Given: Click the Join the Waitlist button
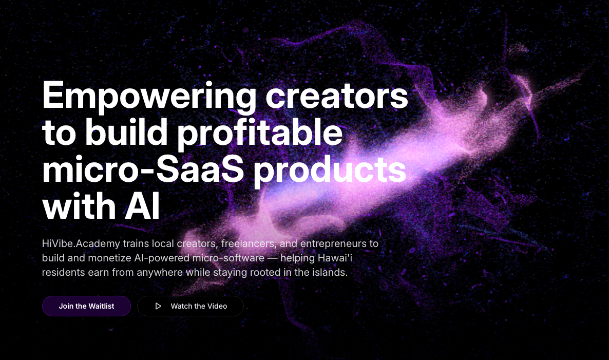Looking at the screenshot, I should [86, 306].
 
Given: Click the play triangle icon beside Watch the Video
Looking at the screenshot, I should [158, 306].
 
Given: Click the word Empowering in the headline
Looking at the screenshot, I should [149, 97].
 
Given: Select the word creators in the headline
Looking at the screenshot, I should [337, 97].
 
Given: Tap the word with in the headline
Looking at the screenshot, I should [71, 207].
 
